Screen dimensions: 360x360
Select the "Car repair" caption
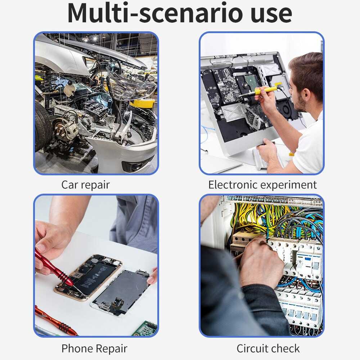[x=86, y=185]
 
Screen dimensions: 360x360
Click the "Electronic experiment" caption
[x=262, y=185]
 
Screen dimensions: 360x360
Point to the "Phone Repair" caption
[x=94, y=348]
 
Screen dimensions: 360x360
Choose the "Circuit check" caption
[x=268, y=348]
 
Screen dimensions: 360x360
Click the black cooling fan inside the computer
[x=287, y=110]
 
